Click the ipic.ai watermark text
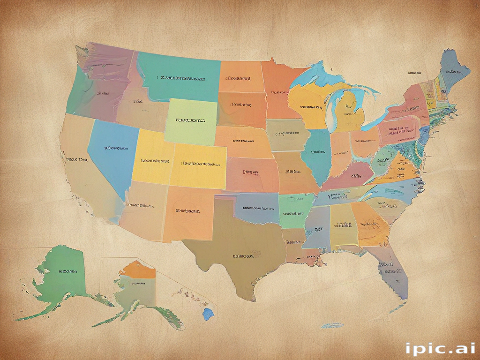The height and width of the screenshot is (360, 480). pyautogui.click(x=440, y=348)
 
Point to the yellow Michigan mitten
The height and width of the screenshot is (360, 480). pyautogui.click(x=349, y=110)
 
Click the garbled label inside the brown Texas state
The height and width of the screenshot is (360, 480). pyautogui.click(x=243, y=256)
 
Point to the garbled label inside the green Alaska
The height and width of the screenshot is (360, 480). pyautogui.click(x=68, y=271)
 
